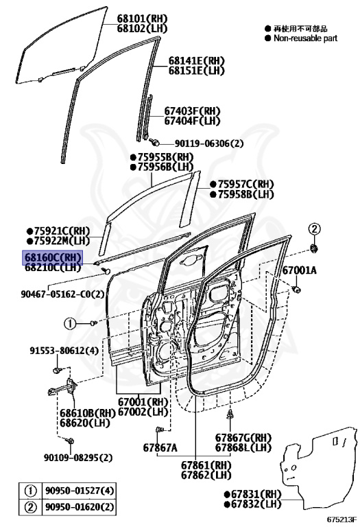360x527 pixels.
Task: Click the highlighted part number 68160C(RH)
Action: tap(52, 258)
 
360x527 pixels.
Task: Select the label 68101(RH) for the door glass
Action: tap(142, 19)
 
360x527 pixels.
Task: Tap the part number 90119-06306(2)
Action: tap(209, 143)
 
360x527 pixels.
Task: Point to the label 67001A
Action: tap(299, 270)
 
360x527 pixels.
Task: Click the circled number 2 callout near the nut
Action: tap(314, 229)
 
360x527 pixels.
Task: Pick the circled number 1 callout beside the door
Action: tap(70, 324)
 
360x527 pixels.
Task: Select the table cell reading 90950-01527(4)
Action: tap(80, 491)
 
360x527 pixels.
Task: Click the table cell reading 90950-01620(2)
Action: tap(80, 507)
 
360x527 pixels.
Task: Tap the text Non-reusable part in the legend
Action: tap(305, 38)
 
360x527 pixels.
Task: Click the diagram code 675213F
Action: tap(341, 519)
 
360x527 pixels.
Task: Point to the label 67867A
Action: tap(160, 447)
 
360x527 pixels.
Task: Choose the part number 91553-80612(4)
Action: tap(64, 351)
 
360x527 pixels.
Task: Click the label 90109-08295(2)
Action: tap(78, 458)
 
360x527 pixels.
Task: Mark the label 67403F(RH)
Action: tap(192, 111)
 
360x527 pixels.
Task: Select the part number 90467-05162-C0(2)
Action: tap(63, 294)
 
